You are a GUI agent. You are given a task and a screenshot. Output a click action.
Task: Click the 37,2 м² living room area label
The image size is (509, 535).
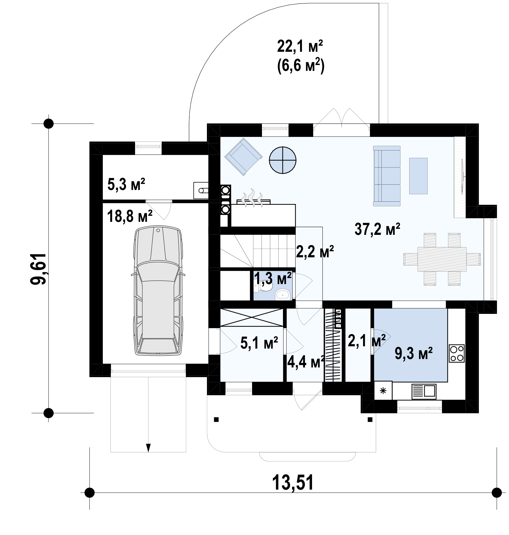377,229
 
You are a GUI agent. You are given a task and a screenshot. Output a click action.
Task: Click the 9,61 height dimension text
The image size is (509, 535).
38,269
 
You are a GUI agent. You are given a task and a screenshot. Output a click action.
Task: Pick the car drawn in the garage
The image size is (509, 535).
158,290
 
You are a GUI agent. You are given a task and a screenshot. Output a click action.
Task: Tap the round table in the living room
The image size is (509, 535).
282,160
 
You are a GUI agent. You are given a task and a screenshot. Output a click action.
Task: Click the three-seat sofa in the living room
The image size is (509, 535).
387,176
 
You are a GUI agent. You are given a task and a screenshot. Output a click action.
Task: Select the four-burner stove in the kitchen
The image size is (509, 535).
457,353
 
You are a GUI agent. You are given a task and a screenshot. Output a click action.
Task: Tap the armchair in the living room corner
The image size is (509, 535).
243,157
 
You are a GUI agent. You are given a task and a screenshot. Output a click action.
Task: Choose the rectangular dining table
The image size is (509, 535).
442,259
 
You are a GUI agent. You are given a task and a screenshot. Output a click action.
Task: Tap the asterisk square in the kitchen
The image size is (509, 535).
383,391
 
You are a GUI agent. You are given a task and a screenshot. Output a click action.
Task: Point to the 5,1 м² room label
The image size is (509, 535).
259,343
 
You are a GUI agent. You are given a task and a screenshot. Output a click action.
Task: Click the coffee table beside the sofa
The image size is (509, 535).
418,176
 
